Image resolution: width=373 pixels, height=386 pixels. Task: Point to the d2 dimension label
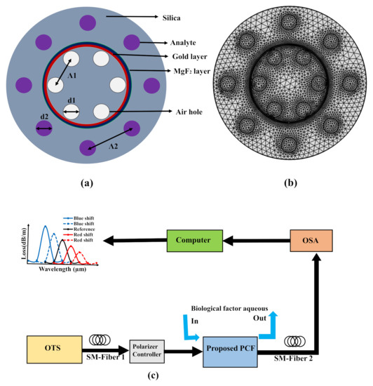43,118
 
